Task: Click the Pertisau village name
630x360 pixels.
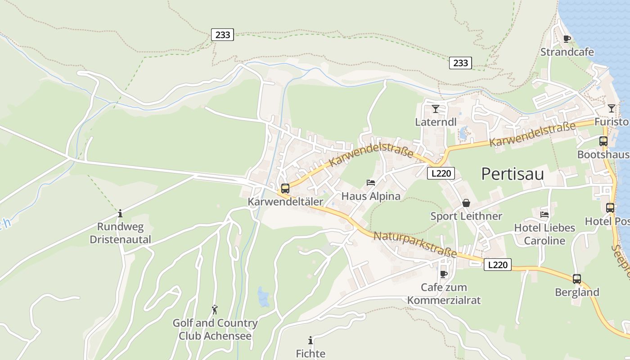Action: tap(513, 174)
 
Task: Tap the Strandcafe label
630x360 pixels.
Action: tap(567, 52)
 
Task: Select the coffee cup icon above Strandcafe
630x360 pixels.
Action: tap(567, 39)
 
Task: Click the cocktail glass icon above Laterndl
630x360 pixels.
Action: tap(435, 109)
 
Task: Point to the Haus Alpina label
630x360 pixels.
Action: tap(371, 196)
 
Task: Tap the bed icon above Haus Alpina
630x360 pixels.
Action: tap(371, 183)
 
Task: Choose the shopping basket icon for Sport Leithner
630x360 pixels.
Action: tap(466, 203)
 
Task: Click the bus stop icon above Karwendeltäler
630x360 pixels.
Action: tap(285, 189)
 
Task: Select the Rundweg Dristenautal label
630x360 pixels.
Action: tap(120, 233)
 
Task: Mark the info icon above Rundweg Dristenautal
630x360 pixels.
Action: tap(120, 213)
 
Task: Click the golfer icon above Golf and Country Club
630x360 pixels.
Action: tap(215, 310)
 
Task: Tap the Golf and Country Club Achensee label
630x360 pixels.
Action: tap(215, 329)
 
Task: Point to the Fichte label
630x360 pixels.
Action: tap(310, 354)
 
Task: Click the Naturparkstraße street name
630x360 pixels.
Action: tap(415, 244)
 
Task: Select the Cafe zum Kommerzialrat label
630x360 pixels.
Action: tap(444, 293)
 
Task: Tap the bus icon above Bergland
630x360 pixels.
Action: tap(577, 279)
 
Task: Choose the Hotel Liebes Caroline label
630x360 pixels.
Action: tap(544, 234)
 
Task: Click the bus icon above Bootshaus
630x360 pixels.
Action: tap(603, 141)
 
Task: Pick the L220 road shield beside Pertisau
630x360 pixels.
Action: tap(441, 173)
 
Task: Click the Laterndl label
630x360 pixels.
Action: tap(436, 122)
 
